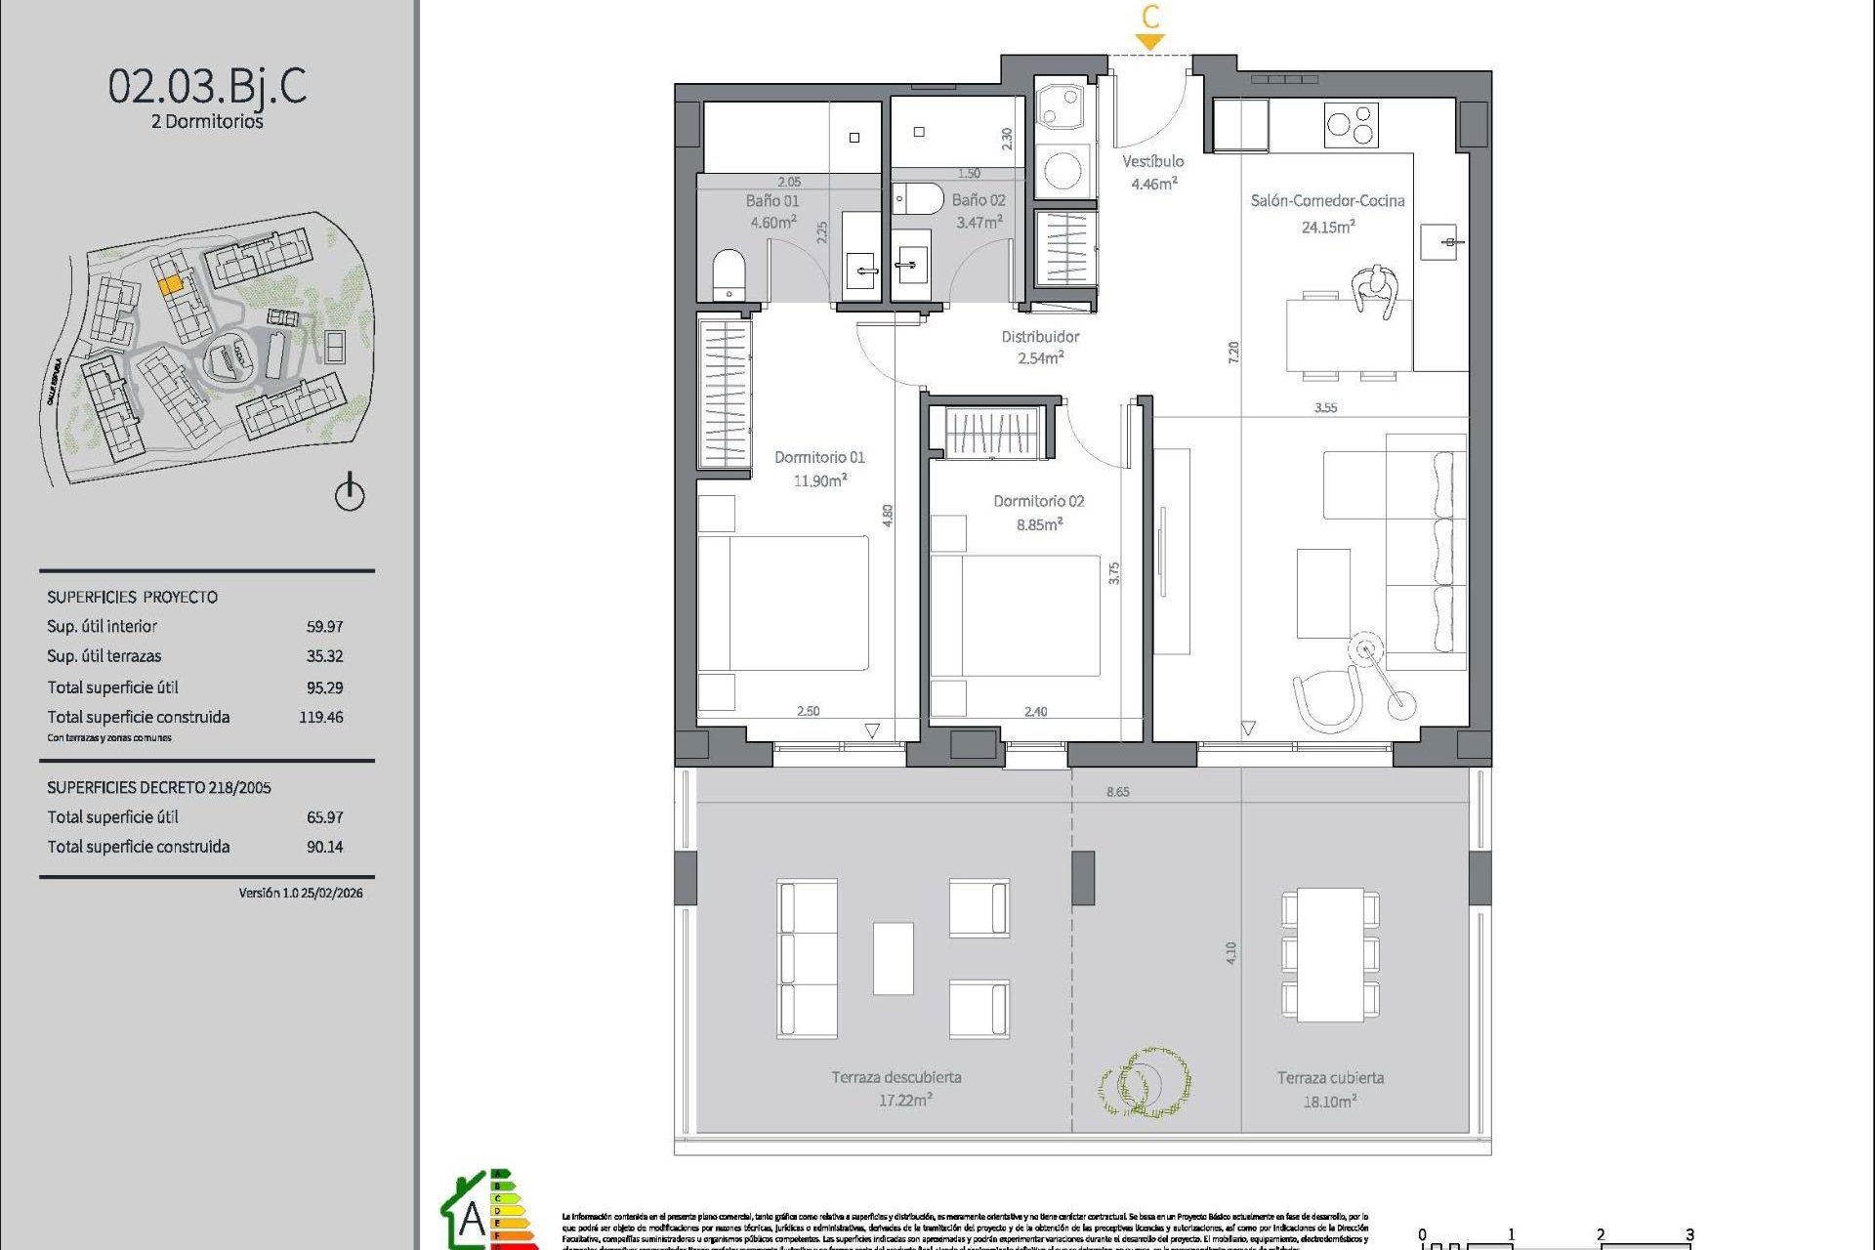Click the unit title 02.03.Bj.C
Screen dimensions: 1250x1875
coord(207,86)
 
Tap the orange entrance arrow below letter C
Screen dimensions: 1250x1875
coord(1150,42)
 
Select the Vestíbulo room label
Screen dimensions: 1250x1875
coord(1152,161)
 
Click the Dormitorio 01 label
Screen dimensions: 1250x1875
coord(819,457)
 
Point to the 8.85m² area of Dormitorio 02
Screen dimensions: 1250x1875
coord(1039,524)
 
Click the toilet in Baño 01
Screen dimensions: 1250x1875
coord(729,274)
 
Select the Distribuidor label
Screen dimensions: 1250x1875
coord(1040,337)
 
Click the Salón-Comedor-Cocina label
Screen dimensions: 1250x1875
coord(1327,201)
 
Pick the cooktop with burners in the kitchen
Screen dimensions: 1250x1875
coord(1351,125)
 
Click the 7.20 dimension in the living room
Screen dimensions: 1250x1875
coord(1233,353)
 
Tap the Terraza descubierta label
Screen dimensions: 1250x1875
coord(896,1077)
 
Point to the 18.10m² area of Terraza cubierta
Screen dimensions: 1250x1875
coord(1329,1102)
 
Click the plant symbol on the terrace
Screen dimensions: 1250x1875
coord(1144,1082)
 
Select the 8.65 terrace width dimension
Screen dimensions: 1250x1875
coord(1118,792)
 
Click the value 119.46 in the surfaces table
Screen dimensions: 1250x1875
coord(321,717)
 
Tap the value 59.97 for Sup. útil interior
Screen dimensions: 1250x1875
coord(324,626)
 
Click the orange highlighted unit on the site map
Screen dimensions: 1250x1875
coord(170,284)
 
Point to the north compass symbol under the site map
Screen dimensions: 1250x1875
coord(350,492)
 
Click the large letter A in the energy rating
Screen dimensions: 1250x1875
coord(472,1218)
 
